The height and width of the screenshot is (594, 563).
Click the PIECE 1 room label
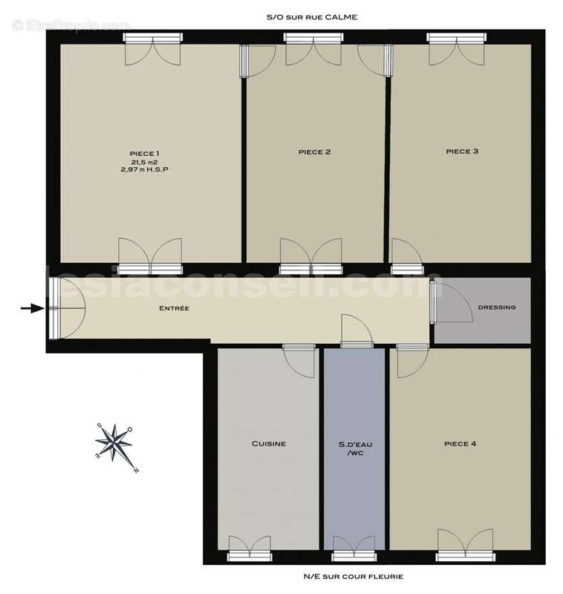[x=144, y=154]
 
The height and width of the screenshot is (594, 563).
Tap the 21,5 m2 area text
[x=144, y=162]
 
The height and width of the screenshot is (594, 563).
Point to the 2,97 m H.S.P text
[x=144, y=170]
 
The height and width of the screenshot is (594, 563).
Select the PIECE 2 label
[x=314, y=152]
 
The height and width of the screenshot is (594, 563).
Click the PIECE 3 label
[x=462, y=151]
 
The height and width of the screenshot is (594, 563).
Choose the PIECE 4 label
[x=460, y=443]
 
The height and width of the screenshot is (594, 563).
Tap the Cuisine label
[x=269, y=443]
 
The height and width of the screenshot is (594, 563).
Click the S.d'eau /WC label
[x=355, y=448]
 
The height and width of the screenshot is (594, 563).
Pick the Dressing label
[x=497, y=307]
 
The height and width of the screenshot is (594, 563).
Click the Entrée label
[x=175, y=308]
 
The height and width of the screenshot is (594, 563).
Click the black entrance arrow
[x=33, y=308]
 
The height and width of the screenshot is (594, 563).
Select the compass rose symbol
[x=116, y=446]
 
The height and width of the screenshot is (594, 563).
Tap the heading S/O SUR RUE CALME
[x=312, y=17]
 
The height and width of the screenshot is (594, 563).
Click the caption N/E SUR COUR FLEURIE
[x=353, y=577]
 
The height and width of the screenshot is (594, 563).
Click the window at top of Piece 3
[x=456, y=38]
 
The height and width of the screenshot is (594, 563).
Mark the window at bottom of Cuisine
[x=250, y=556]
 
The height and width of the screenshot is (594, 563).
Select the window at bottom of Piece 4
[x=465, y=556]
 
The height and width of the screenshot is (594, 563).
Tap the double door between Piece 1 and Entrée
[x=151, y=256]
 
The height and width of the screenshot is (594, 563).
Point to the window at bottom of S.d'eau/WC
[x=354, y=556]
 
